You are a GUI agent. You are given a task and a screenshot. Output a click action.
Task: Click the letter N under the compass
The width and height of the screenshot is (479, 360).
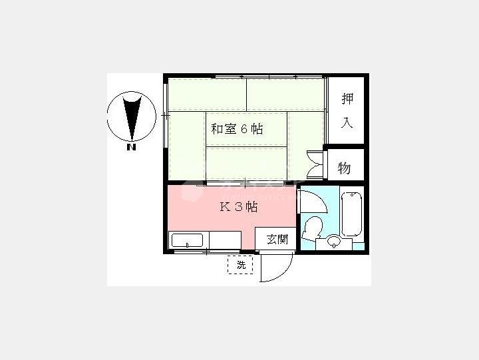(131, 147)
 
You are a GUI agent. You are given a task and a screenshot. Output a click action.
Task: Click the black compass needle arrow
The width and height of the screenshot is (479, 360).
(132, 118)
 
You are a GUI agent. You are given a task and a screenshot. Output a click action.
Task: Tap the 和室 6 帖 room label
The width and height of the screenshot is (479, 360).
(237, 129)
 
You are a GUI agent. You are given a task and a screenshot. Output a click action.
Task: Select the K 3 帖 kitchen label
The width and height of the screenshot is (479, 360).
(239, 207)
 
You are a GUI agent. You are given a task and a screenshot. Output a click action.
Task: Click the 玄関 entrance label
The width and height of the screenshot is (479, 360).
(277, 239)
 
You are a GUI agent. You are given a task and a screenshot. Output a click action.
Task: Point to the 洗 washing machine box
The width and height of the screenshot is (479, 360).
(240, 265)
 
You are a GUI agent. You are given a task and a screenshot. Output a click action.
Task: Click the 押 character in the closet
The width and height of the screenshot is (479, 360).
(347, 98)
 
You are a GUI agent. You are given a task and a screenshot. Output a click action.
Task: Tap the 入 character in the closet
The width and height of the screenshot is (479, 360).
(347, 122)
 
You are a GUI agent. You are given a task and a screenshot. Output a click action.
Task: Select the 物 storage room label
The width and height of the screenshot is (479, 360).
(345, 168)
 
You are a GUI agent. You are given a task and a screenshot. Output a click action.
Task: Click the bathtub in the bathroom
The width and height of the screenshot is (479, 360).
(351, 214)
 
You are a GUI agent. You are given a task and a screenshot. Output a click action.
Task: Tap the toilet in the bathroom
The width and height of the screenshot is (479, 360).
(312, 228)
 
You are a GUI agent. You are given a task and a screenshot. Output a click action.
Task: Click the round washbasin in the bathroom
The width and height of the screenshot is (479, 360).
(334, 241)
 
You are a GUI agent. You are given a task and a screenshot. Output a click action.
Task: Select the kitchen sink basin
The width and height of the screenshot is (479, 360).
(187, 240)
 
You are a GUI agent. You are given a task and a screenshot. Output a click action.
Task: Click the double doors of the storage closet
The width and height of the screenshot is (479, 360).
(315, 164)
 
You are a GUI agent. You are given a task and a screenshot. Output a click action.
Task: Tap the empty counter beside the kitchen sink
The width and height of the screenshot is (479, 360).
(225, 240)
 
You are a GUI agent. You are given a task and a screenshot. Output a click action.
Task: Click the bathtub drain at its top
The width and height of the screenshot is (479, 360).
(352, 195)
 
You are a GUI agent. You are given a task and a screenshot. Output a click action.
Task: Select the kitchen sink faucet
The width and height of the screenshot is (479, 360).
(187, 245)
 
